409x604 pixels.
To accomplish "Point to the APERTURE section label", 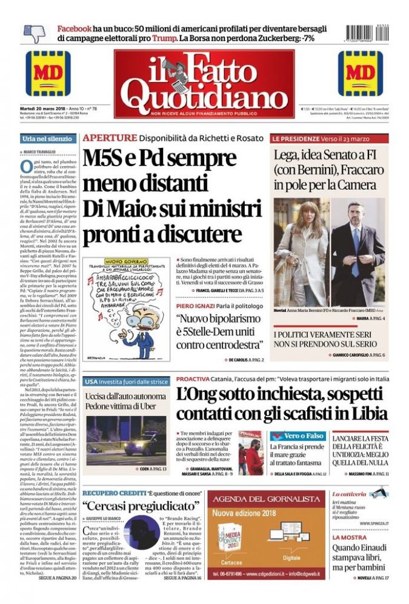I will pos(110,138).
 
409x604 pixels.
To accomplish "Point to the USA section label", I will pos(90,382).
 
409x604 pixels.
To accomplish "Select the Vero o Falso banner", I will pos(296,437).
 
